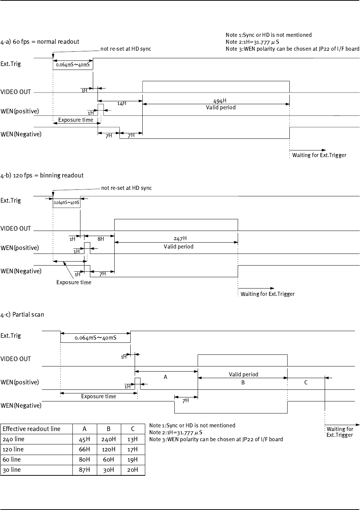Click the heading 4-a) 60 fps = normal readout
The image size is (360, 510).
point(40,42)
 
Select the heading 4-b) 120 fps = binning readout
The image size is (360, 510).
point(42,175)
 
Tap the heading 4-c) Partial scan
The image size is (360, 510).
point(22,314)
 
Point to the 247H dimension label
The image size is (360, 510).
point(180,239)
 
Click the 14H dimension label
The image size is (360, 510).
point(122,103)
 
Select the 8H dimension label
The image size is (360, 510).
point(101,239)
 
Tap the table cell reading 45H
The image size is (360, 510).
point(84,439)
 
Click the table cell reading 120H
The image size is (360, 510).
point(109,450)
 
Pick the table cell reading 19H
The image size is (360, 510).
point(133,460)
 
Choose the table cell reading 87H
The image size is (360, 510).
point(84,470)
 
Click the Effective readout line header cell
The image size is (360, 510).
point(31,429)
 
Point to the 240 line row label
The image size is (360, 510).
point(13,439)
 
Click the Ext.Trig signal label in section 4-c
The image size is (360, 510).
point(11,336)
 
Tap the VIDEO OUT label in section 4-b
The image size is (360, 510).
point(16,229)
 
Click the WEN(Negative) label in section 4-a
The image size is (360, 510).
point(21,134)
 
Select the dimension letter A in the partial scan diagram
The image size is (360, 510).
point(165,377)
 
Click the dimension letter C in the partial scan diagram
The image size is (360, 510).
point(306,382)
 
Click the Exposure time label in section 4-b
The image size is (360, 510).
point(74,282)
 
